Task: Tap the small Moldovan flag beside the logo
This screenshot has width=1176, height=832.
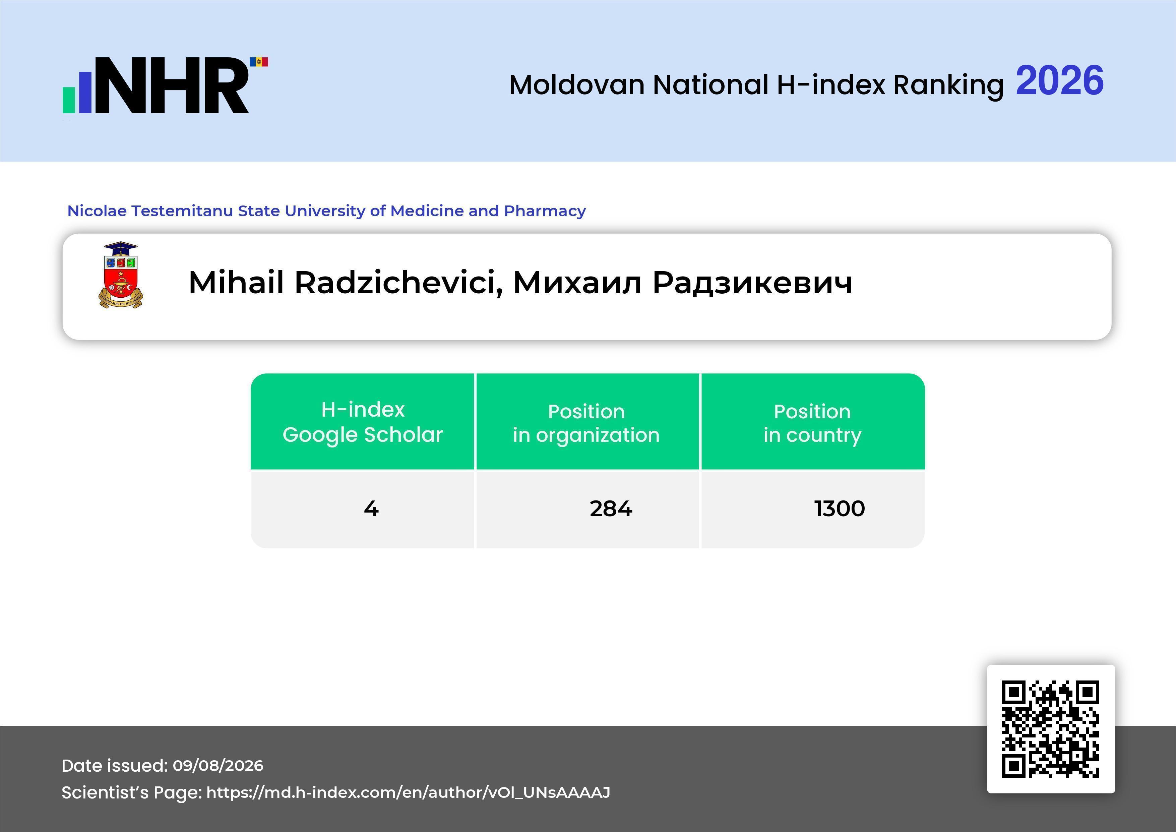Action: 259,62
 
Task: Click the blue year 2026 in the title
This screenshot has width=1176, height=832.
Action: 1060,80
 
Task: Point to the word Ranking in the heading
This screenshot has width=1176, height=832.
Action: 948,85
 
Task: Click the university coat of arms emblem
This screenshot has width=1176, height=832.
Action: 121,275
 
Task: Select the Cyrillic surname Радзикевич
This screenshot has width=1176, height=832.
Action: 752,283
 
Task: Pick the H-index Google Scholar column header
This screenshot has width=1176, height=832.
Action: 363,422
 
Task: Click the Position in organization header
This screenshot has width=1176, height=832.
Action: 586,423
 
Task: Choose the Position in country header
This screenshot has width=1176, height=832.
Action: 812,423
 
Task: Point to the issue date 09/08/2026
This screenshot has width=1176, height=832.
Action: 218,765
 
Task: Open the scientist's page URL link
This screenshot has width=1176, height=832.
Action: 408,792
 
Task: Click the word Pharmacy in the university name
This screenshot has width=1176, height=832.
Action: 545,211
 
